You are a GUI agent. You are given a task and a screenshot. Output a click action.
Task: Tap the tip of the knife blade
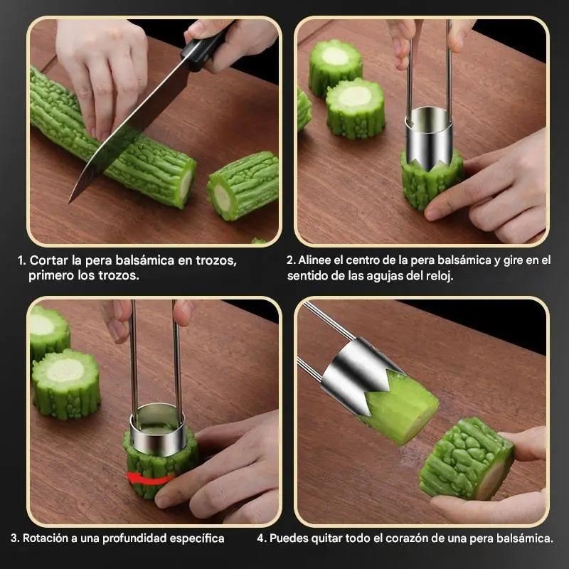(70, 203)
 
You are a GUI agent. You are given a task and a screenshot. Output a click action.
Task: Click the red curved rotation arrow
(149, 479)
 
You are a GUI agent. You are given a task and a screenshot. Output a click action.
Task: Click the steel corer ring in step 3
(158, 430)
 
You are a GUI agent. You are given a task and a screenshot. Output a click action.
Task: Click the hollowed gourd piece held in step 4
(467, 459)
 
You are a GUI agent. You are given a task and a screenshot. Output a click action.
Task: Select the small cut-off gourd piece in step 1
(243, 186)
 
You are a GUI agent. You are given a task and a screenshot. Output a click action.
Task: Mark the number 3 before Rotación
(14, 538)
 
